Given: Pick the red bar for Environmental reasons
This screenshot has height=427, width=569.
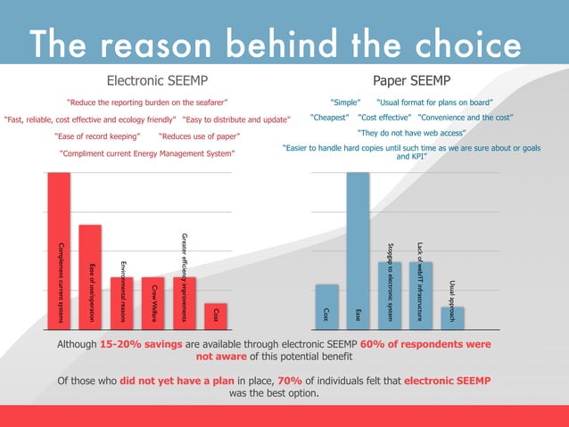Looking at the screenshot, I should coord(121,300).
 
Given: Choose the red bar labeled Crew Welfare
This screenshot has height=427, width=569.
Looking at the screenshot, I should coord(153,300).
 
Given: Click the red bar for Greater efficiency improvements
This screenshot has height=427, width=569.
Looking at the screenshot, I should coord(184,300).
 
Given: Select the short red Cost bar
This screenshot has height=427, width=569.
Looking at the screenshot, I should coord(214,314).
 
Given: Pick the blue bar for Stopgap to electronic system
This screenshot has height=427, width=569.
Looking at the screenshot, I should coord(389,292).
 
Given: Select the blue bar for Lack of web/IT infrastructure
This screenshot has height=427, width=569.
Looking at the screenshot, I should coord(420,292).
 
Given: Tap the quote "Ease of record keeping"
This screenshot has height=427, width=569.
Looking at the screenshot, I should coord(97,136).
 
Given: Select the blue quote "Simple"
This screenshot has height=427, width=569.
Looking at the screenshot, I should coord(345,102).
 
